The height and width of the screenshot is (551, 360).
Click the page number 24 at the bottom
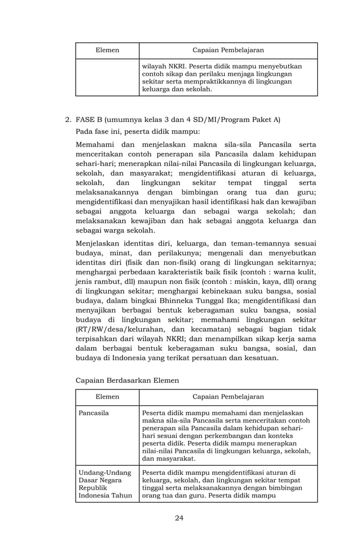pos(179,518)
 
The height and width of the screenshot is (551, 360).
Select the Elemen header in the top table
pos(107,50)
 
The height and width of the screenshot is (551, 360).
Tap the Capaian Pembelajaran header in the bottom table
pos(228,397)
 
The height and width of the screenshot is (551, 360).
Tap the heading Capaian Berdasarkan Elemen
pos(127,381)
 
